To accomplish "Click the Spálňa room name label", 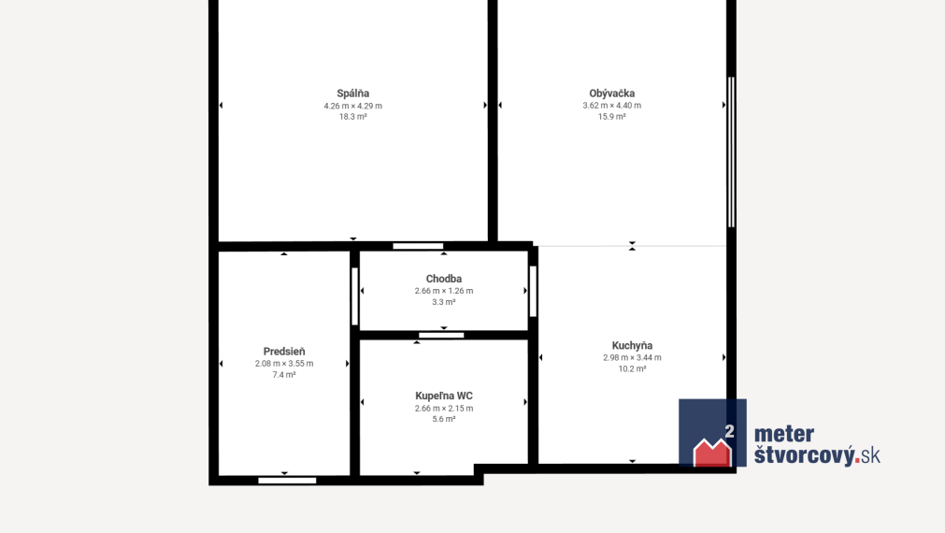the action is [x=353, y=94].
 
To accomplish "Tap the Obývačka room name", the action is [x=611, y=94].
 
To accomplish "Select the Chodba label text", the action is [x=444, y=279].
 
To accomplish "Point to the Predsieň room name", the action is [x=284, y=352].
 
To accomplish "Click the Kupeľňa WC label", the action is [x=444, y=396].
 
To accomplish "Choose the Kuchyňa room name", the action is [x=632, y=345].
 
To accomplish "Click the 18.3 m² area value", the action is [x=353, y=117].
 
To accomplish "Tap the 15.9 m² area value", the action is [x=611, y=117].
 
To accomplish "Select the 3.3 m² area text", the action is [x=444, y=302].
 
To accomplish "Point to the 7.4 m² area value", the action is [x=284, y=375].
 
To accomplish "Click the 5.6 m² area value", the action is [x=444, y=419].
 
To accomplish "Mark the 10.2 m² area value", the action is [x=632, y=369].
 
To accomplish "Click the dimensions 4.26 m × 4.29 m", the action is [x=353, y=106].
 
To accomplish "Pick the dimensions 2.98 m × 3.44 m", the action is [x=632, y=357].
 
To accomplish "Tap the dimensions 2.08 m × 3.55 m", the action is [x=284, y=364].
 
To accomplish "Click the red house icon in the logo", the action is [x=712, y=453].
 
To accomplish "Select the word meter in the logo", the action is [x=784, y=434].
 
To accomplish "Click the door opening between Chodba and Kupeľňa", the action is [x=441, y=336].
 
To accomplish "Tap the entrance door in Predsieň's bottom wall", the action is [x=287, y=481].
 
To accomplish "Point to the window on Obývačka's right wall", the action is [x=731, y=151].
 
